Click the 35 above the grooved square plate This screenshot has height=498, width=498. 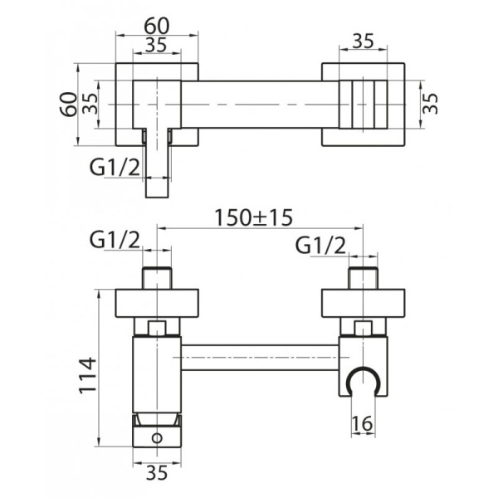[362, 40]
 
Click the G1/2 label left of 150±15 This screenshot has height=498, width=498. [114, 242]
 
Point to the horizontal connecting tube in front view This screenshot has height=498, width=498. [258, 358]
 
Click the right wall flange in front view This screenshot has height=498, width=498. [362, 302]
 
